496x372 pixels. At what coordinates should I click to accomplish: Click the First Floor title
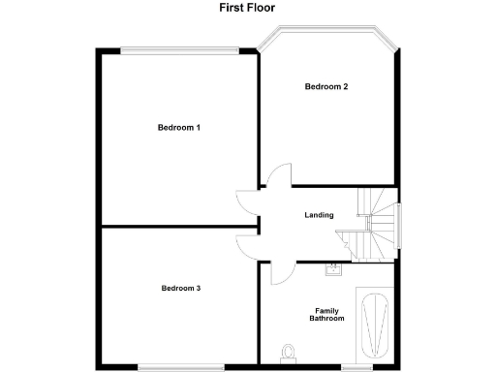point(247,8)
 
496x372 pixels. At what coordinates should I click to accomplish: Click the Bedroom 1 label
point(179,128)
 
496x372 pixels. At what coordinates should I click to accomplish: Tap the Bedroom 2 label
point(326,87)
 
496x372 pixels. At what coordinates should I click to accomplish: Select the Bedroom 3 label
point(181,288)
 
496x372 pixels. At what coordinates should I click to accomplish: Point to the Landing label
point(319,215)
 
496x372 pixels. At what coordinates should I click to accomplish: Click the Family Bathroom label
point(326,314)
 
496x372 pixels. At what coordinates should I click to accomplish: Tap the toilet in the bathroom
point(288,351)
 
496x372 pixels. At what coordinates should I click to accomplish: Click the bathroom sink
point(333,271)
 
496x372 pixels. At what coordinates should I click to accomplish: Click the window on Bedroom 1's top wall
point(178,48)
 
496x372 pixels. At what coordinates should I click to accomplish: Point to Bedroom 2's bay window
point(328,32)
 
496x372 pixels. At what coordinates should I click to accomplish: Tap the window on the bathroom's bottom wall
point(357,366)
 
